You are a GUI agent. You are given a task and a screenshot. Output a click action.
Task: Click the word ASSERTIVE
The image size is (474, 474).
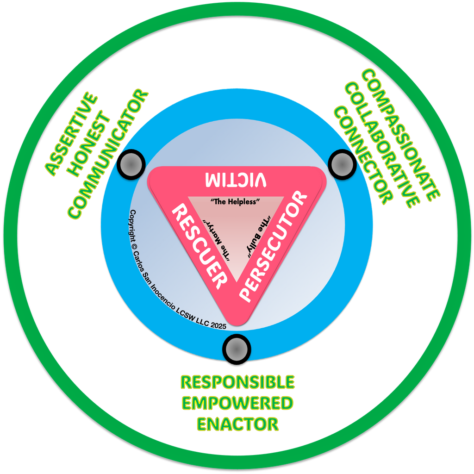[72, 135]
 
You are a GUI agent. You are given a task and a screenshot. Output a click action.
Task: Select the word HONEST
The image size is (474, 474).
[90, 144]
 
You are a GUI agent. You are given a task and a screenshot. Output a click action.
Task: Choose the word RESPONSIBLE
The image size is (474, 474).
[237, 382]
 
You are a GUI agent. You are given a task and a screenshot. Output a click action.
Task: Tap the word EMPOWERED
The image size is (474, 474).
[237, 403]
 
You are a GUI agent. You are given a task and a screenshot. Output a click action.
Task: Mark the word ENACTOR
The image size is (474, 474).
[237, 423]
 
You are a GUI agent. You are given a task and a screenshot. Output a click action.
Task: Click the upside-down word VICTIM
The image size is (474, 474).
[237, 180]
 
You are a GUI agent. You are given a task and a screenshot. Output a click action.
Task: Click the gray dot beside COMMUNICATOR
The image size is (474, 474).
[131, 163]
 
